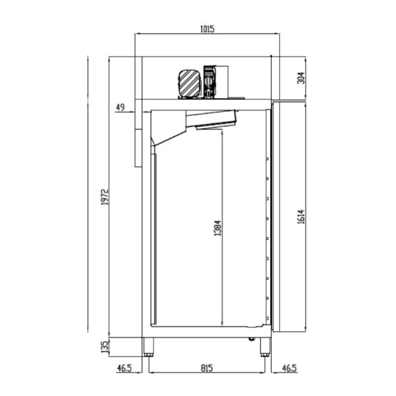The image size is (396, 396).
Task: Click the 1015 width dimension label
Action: point(207,29)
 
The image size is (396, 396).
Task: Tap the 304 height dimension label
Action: point(301,78)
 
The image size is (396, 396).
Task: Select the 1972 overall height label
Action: point(104,197)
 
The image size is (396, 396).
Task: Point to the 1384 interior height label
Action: point(217,228)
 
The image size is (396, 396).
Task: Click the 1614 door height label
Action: point(301,217)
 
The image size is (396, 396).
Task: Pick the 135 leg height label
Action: point(104,347)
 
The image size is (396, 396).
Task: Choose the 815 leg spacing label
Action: point(207,368)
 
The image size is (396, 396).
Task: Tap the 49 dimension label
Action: point(121,107)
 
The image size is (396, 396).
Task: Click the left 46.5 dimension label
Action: point(124,368)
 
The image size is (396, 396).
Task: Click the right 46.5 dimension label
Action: point(289,368)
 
